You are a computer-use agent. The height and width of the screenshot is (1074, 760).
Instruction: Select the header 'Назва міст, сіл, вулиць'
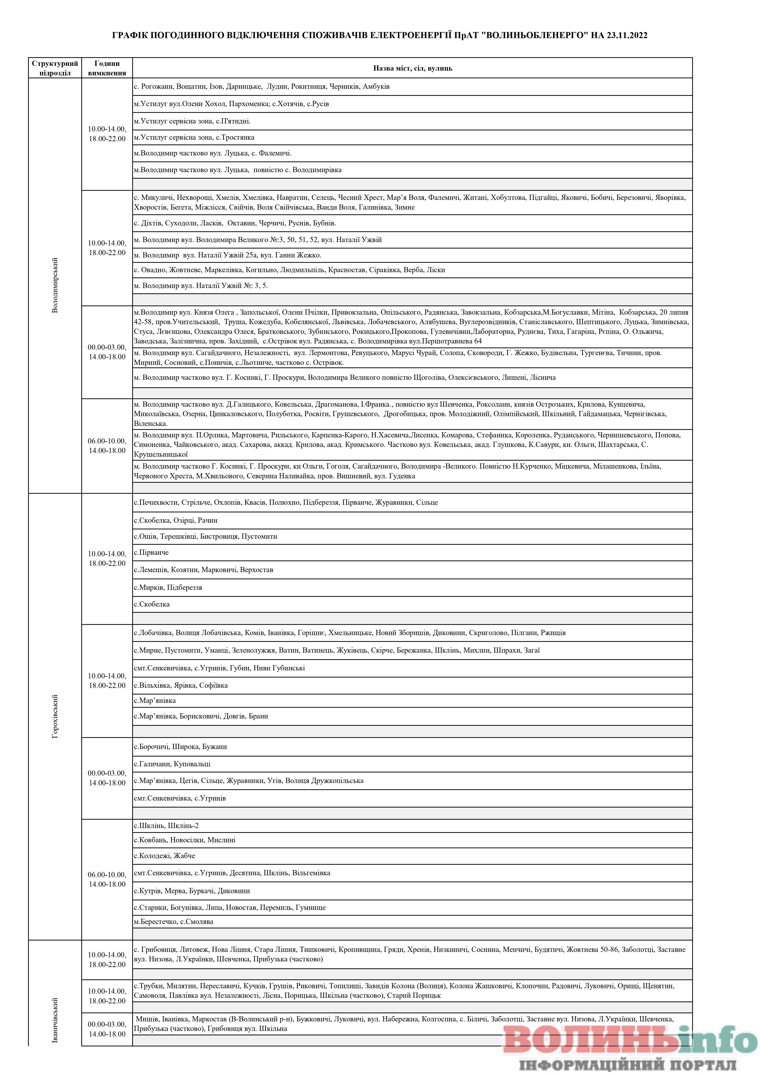[x=412, y=68]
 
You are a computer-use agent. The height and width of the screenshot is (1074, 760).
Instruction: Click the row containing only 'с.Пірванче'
[x=151, y=552]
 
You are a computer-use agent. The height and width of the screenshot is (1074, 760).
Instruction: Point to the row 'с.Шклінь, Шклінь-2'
[x=166, y=826]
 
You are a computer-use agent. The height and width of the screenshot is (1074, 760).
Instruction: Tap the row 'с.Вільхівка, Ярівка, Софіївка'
[x=181, y=685]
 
